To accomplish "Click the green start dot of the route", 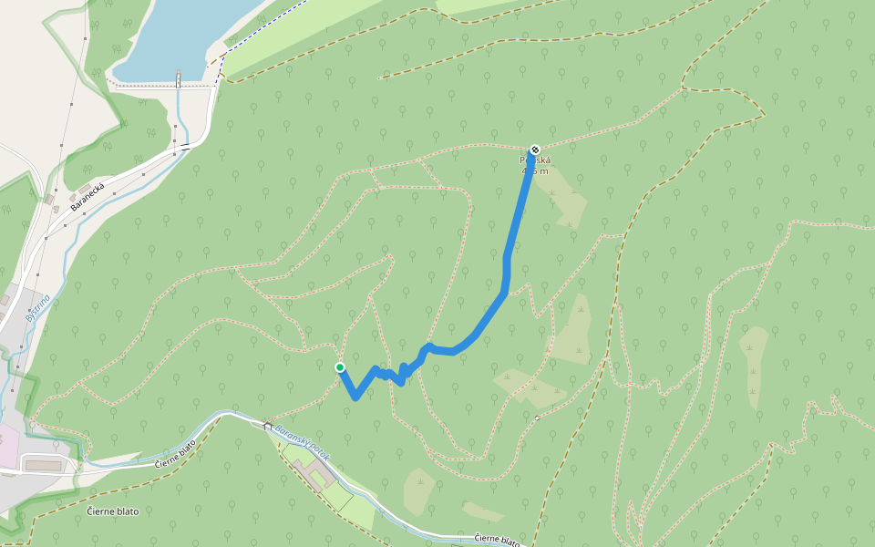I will [340, 367].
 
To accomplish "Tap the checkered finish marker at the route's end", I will [535, 150].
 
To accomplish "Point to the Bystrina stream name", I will [36, 308].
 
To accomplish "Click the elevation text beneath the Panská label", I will [535, 170].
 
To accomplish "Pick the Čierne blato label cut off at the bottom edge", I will [499, 540].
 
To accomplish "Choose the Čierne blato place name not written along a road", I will [113, 511].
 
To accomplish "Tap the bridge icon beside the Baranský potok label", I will [267, 425].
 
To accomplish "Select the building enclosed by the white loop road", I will [41, 466].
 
